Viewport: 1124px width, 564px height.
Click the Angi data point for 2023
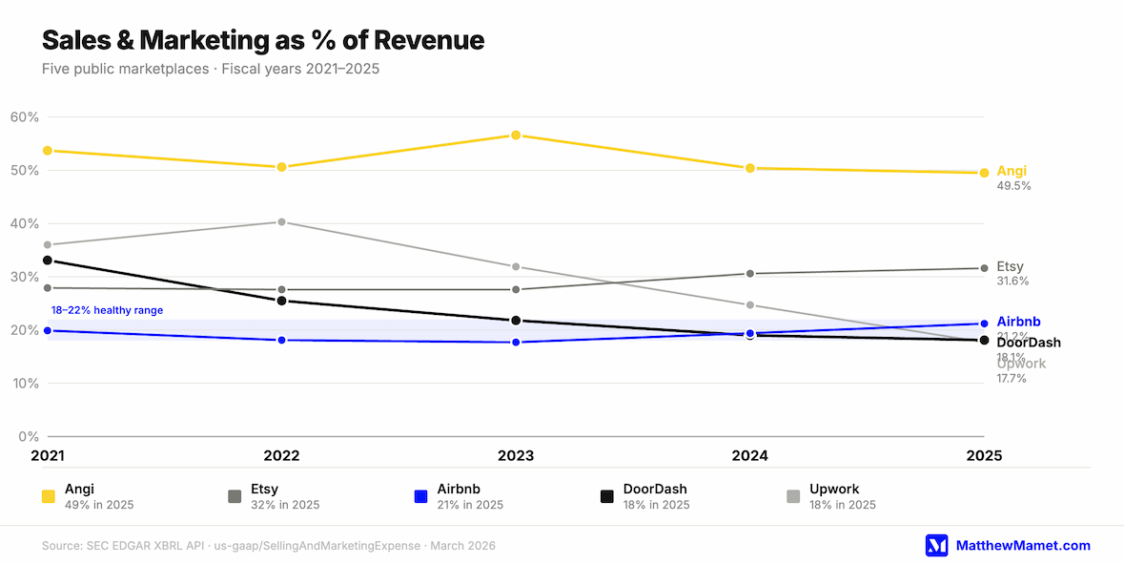[x=516, y=136]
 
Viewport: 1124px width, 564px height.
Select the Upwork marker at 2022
[x=281, y=222]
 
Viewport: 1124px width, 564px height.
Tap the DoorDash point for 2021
[x=48, y=261]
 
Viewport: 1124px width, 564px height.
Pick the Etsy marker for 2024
[x=750, y=274]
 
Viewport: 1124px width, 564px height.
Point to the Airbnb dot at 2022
[x=281, y=340]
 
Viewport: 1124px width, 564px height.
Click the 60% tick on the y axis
[x=24, y=117]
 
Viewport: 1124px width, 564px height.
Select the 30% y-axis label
[x=24, y=277]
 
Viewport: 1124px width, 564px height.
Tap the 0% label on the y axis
[x=28, y=437]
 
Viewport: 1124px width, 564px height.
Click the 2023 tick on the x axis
[x=516, y=456]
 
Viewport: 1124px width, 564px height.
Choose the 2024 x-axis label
[x=750, y=456]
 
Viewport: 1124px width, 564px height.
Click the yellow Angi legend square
[x=48, y=496]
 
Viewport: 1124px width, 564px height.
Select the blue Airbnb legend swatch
[x=420, y=496]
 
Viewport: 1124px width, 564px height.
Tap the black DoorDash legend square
[x=606, y=496]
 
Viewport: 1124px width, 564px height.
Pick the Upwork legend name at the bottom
[x=833, y=489]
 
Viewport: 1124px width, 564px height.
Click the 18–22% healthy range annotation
[x=107, y=310]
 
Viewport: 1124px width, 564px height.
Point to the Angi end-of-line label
[x=1012, y=171]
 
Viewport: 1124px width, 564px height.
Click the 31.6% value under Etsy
[x=1013, y=282]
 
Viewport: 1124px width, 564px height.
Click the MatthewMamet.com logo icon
[x=937, y=545]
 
